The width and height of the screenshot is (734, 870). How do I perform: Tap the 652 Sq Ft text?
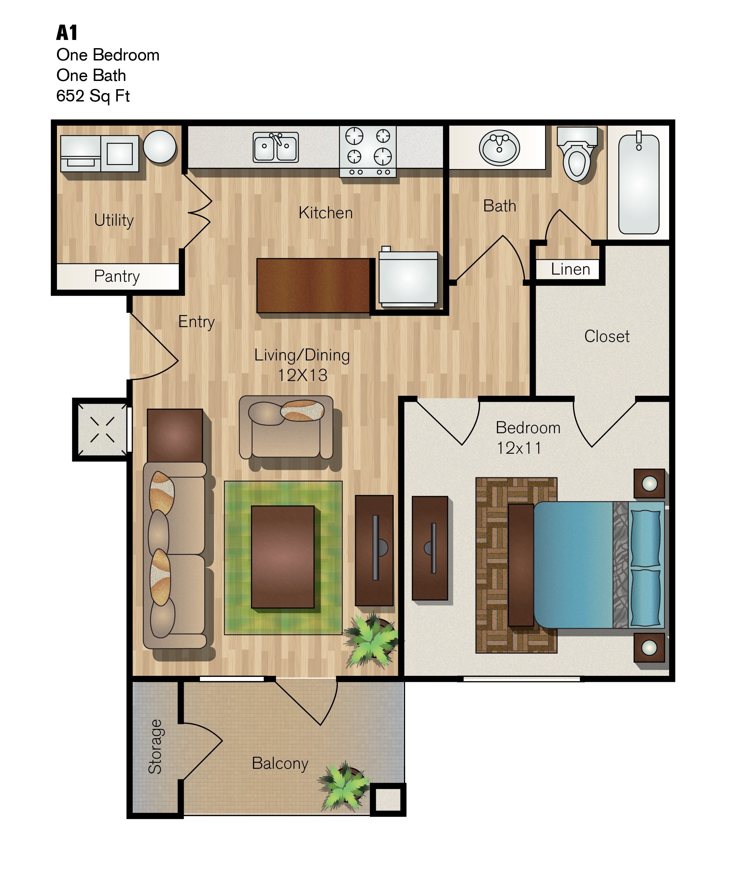pyautogui.click(x=93, y=96)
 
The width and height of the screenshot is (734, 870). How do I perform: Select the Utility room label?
pyautogui.click(x=114, y=220)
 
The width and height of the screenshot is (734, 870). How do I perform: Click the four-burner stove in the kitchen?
pyautogui.click(x=368, y=151)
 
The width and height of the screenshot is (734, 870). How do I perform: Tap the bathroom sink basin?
pyautogui.click(x=499, y=148)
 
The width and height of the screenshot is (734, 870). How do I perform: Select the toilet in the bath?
pyautogui.click(x=577, y=154)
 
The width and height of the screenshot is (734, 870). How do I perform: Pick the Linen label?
pyautogui.click(x=571, y=269)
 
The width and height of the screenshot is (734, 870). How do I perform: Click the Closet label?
pyautogui.click(x=607, y=336)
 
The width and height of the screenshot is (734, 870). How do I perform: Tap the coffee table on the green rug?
pyautogui.click(x=283, y=557)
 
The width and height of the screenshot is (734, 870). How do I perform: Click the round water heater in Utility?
pyautogui.click(x=160, y=147)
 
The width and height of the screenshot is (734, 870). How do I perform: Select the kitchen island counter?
pyautogui.click(x=313, y=286)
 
